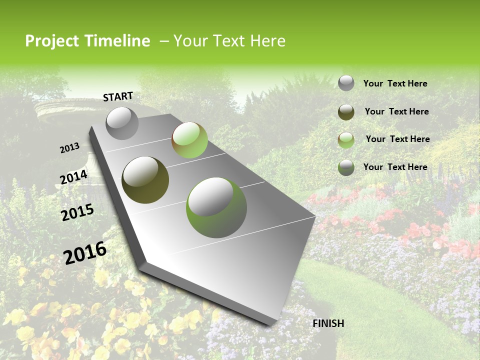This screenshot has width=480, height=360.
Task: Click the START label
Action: coord(118,96)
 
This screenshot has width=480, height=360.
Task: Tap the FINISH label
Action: coord(328,323)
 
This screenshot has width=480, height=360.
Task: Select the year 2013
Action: coord(69,148)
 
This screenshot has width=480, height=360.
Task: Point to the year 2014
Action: coord(73,177)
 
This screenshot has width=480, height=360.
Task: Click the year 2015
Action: coord(77,212)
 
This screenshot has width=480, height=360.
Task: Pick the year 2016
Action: coord(85,253)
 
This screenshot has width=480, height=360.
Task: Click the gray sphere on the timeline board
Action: coord(122,123)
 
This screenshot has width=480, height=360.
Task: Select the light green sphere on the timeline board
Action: coord(189,140)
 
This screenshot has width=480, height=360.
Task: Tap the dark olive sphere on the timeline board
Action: coord(145,180)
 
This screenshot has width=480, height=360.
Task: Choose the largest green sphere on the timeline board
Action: coord(216,207)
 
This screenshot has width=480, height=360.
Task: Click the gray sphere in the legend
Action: coord(346,83)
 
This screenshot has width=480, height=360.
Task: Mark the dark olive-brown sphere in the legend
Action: coord(346,112)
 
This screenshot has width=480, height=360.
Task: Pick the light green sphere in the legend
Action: coord(346,139)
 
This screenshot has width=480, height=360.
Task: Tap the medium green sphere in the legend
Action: coord(346,167)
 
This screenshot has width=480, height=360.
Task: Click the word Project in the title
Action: coord(52,41)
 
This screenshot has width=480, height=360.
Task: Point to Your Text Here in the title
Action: coord(229,41)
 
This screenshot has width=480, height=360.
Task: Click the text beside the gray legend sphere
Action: coord(395,83)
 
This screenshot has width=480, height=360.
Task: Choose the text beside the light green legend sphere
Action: coord(397,139)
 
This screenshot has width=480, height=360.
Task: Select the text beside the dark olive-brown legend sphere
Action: coord(396,111)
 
